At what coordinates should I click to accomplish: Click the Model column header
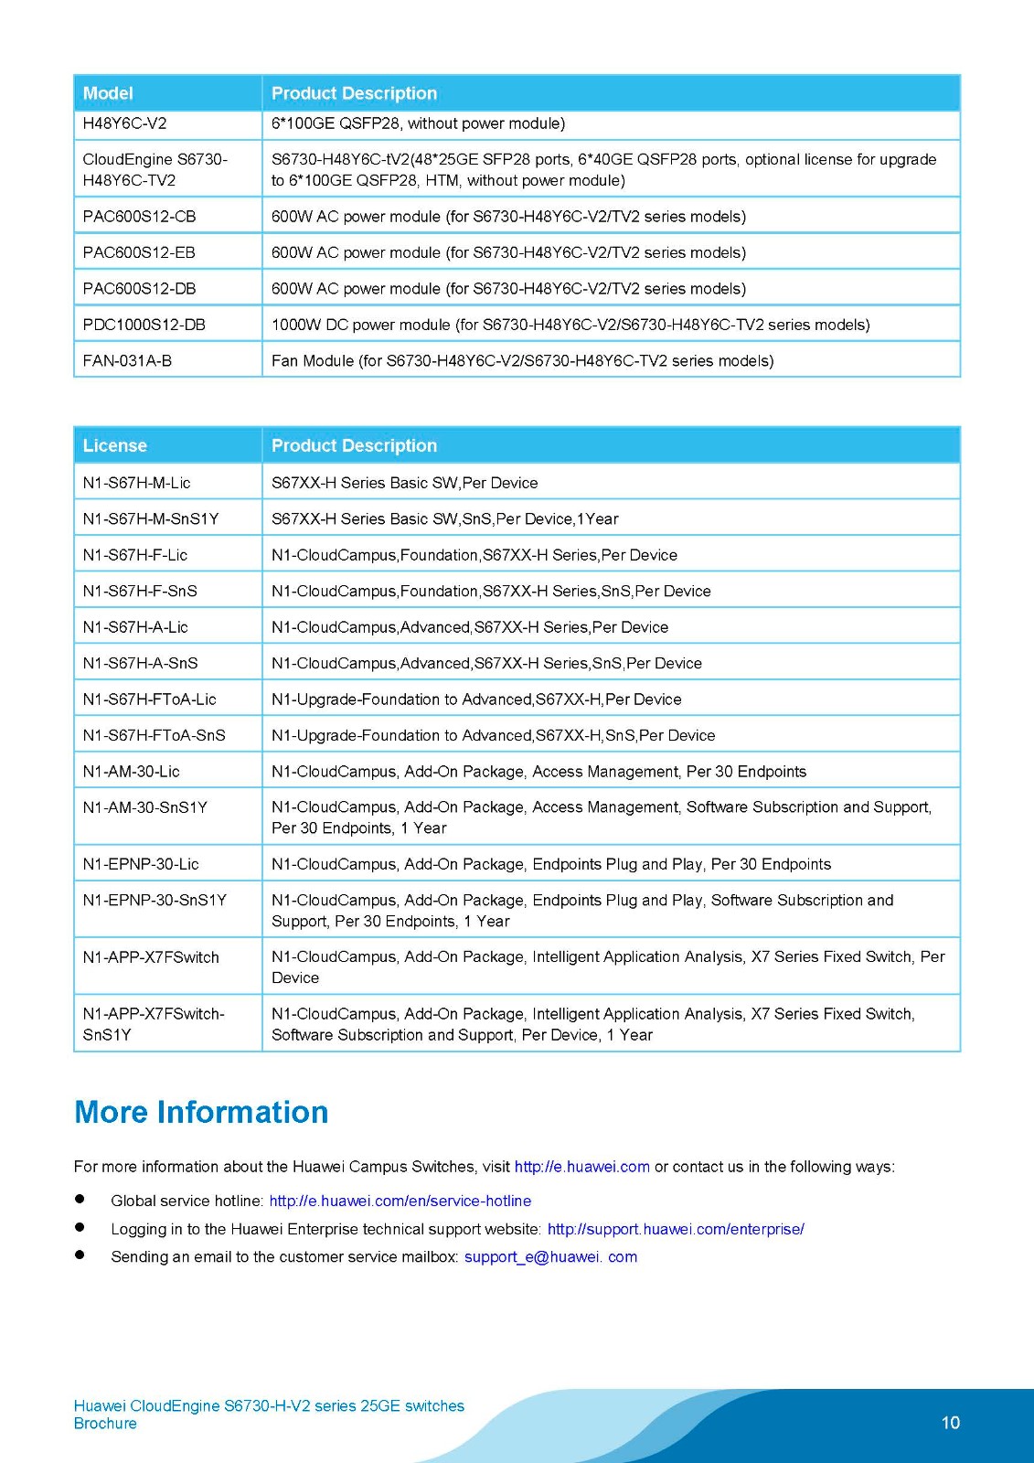[108, 93]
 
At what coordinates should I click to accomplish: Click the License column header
[115, 445]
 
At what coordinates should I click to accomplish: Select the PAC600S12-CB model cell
[139, 217]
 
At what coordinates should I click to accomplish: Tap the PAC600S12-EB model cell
[139, 252]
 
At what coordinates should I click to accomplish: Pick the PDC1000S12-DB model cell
[144, 325]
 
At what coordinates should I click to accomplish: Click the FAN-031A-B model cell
[127, 360]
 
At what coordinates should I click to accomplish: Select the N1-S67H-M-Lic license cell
[137, 483]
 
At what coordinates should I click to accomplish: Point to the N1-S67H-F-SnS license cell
[140, 591]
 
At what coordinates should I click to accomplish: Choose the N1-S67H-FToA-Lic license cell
[150, 699]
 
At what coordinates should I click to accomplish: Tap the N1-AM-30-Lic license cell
[132, 772]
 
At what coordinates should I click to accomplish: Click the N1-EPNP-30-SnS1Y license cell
[155, 900]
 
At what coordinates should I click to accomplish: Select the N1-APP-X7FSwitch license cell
[151, 957]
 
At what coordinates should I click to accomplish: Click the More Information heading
[201, 1112]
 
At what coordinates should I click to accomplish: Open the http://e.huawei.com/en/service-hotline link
[400, 1201]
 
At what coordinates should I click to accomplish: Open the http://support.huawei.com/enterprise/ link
[676, 1229]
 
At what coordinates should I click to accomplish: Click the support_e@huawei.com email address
[550, 1256]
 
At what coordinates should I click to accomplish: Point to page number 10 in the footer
[951, 1423]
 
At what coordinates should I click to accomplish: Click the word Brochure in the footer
[105, 1424]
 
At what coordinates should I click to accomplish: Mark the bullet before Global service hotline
[80, 1199]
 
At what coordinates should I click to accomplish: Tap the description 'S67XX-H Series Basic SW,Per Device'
[405, 483]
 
